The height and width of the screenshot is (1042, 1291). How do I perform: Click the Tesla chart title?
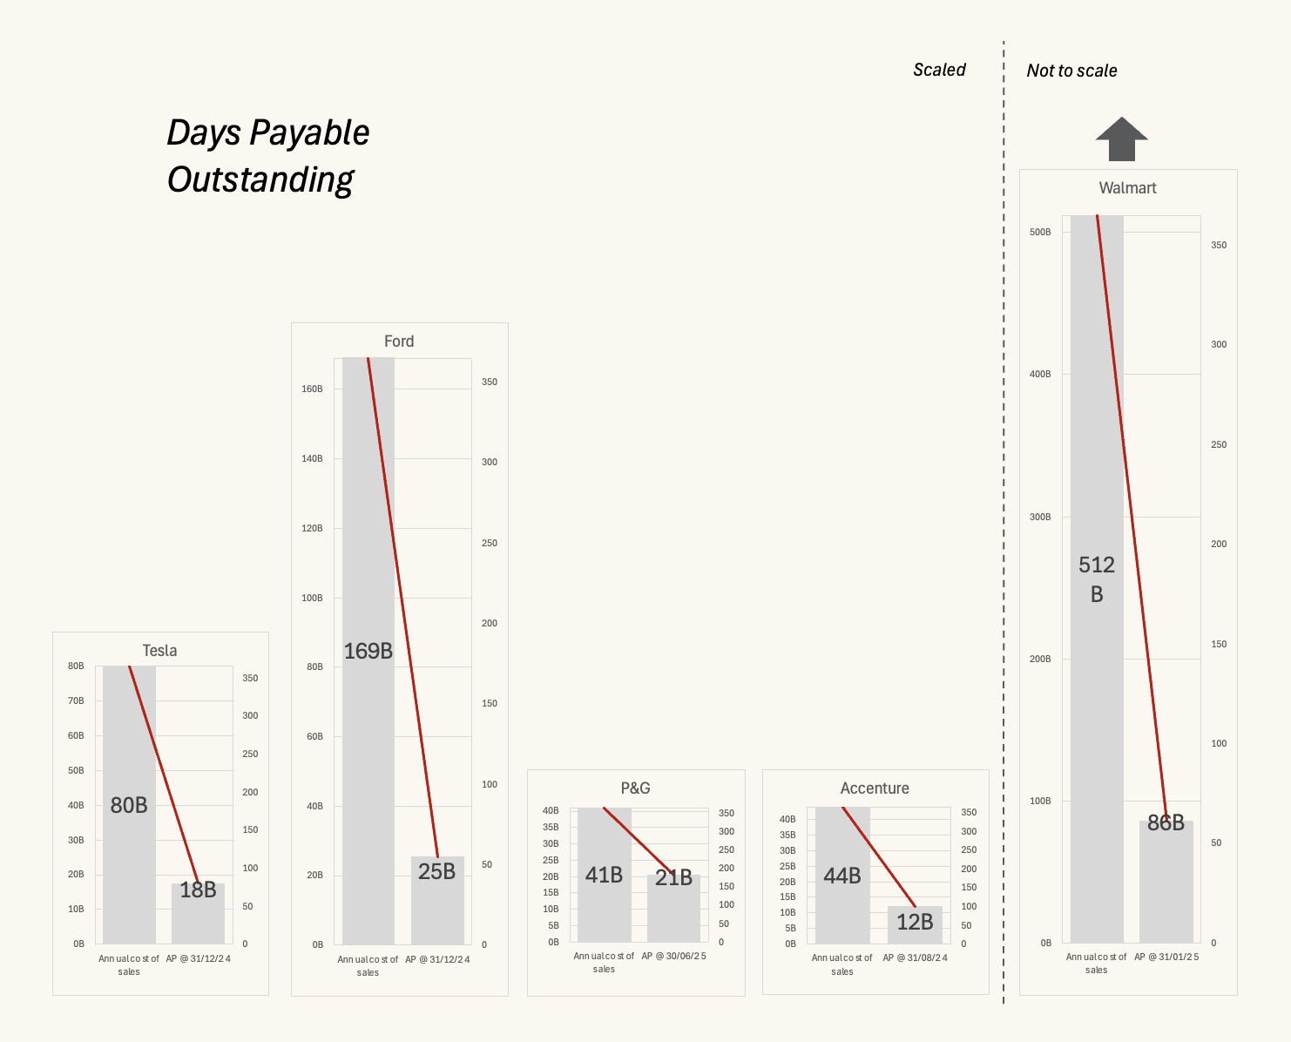coord(159,651)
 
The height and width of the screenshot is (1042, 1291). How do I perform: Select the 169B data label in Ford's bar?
coord(368,651)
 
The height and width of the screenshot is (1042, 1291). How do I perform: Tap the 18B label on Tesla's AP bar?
coord(198,890)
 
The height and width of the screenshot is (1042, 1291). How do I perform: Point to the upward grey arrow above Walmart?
coord(1121,139)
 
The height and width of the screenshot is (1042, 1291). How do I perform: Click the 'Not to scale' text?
coord(1071,71)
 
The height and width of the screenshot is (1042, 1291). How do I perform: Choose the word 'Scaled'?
coord(939,70)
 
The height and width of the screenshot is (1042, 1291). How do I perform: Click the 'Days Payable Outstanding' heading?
coord(267,156)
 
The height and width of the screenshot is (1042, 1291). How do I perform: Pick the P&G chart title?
coord(635,788)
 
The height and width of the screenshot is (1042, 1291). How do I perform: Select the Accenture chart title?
coord(875,788)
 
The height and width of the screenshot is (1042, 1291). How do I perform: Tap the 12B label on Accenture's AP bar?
coord(915,922)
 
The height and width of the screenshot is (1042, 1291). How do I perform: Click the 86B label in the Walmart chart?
coord(1166,822)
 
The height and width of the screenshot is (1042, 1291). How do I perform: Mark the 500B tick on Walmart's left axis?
coord(1040,233)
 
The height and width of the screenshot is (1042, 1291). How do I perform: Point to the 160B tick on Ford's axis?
coord(312,389)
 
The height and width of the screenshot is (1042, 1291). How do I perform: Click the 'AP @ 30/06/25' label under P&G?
coord(673,956)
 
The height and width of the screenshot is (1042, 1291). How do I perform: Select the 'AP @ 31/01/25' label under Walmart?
coord(1166,957)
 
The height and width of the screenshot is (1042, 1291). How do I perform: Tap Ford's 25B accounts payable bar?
coord(437,906)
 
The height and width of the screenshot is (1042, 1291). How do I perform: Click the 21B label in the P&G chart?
coord(673,877)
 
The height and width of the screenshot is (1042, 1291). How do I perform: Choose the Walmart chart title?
coord(1127,188)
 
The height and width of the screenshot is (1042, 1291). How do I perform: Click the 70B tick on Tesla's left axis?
coord(76,701)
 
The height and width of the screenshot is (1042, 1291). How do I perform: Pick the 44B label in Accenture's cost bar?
coord(842,876)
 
